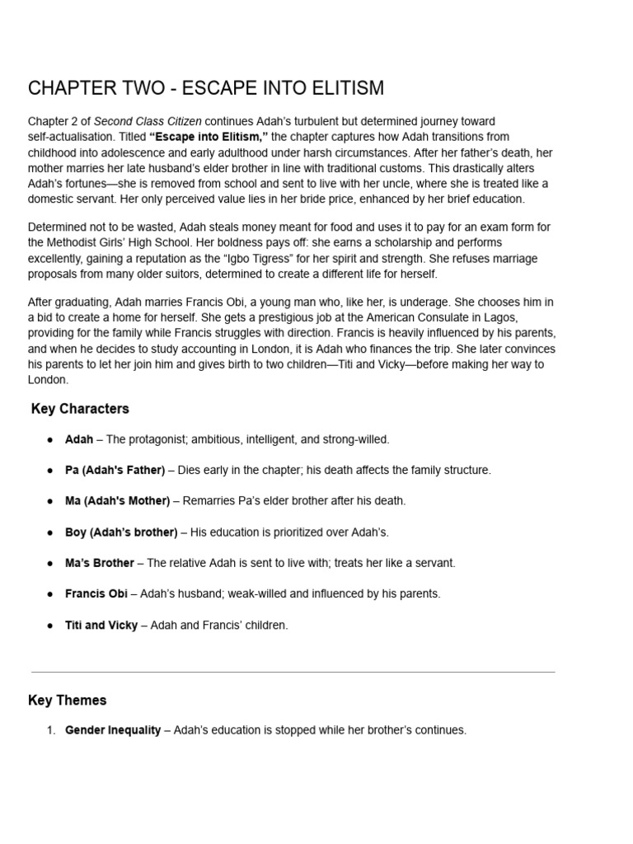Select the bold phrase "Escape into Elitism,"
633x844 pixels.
tap(208, 137)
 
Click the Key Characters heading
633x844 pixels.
tap(80, 409)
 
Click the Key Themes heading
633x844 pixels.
tap(67, 701)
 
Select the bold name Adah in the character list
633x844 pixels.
tap(79, 439)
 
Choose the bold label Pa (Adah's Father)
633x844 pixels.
tap(115, 470)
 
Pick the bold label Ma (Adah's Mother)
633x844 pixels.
tap(117, 501)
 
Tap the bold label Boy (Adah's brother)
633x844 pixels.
tap(120, 532)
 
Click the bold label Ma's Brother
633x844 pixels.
tap(99, 563)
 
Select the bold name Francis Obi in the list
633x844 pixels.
tap(96, 594)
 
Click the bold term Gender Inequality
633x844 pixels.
tap(113, 730)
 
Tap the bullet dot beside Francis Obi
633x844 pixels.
tap(50, 594)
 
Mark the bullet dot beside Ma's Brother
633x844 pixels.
tap(50, 563)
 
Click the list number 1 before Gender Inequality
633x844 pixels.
tap(50, 730)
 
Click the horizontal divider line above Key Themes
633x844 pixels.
tap(293, 672)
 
